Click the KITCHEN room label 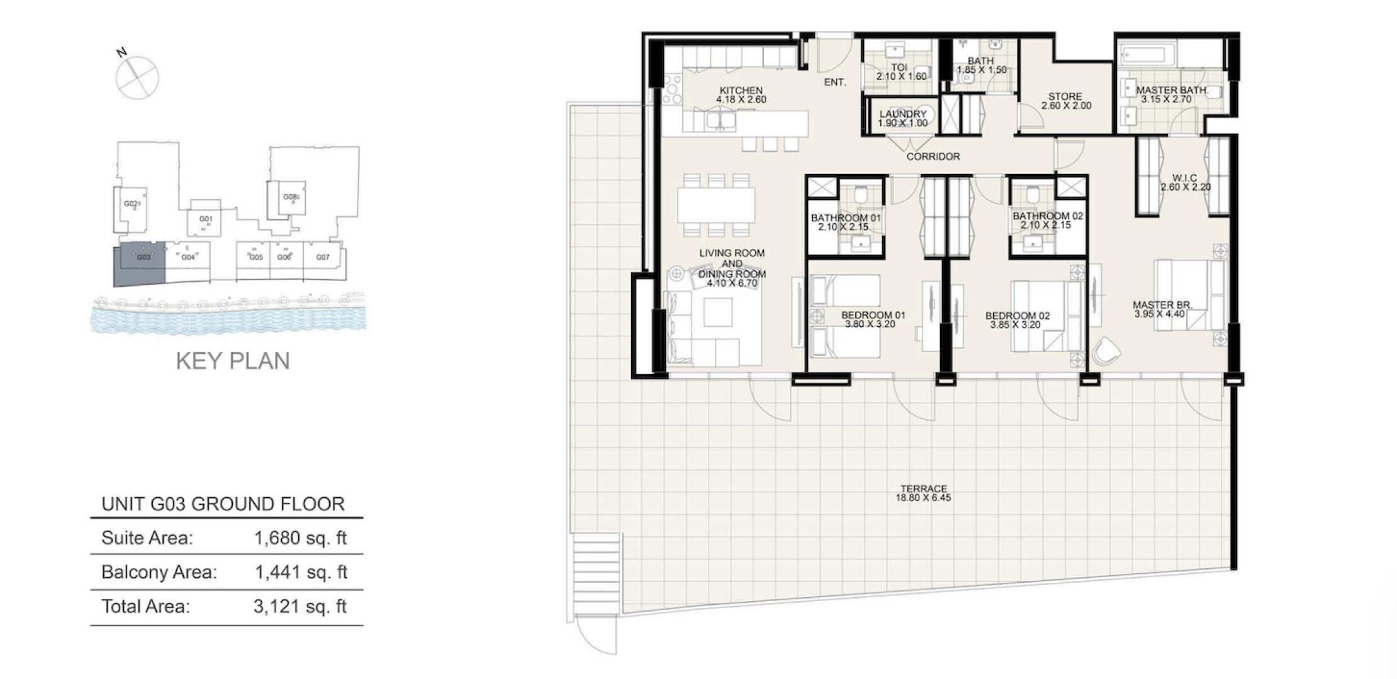click(x=741, y=91)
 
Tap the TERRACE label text click(x=923, y=489)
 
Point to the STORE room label click(x=1065, y=97)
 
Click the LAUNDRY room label click(x=903, y=114)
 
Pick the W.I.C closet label click(x=1185, y=178)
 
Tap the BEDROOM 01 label click(x=873, y=315)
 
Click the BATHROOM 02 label click(x=1048, y=216)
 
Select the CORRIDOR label click(x=933, y=157)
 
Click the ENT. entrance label click(x=835, y=82)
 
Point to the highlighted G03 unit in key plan click(x=139, y=264)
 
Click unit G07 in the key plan click(x=323, y=257)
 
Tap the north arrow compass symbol click(x=137, y=76)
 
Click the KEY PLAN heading click(x=233, y=361)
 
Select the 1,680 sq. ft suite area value click(x=301, y=538)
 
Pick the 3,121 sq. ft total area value click(x=300, y=607)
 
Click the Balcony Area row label click(x=159, y=572)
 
